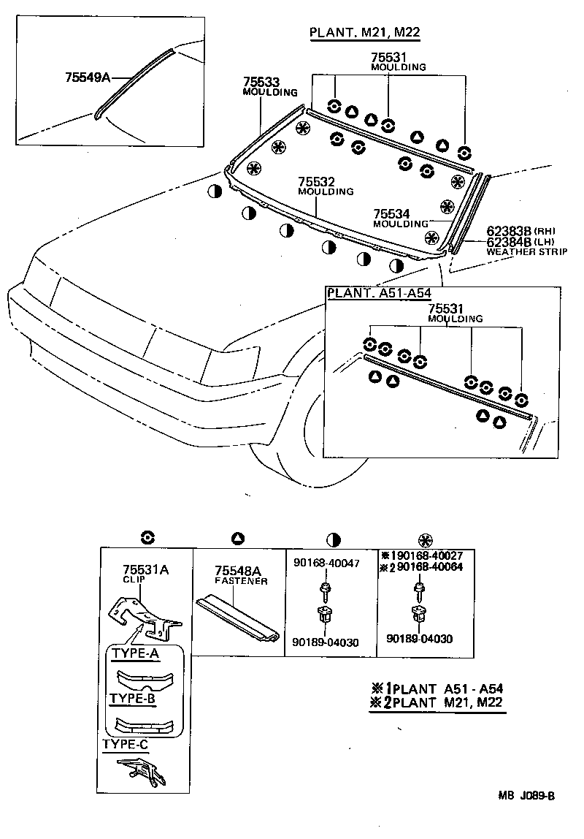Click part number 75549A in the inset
pyautogui.click(x=85, y=75)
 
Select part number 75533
pyautogui.click(x=263, y=83)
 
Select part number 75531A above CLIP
pyautogui.click(x=145, y=569)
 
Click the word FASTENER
pyautogui.click(x=241, y=581)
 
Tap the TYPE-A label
pyautogui.click(x=134, y=653)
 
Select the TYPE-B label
pyautogui.click(x=134, y=698)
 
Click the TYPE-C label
pyautogui.click(x=126, y=744)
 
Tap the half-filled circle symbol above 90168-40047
pyautogui.click(x=334, y=539)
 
